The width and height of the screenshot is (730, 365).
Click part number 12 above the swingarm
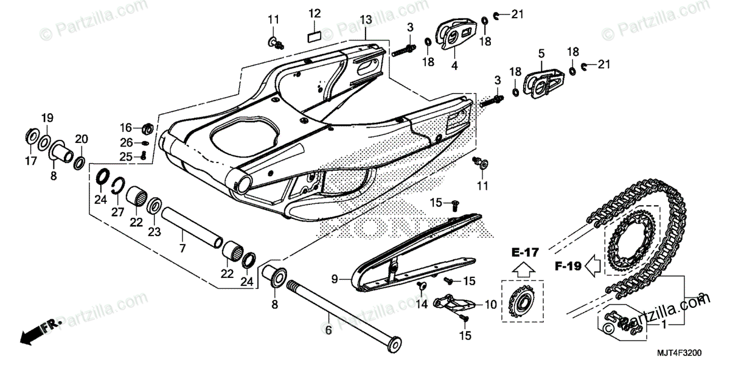tap(314, 13)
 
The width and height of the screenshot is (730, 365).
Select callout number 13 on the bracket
tap(365, 20)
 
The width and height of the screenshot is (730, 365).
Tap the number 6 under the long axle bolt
tap(329, 331)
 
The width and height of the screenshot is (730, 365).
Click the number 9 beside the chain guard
tap(334, 279)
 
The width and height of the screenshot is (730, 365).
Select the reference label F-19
tap(568, 266)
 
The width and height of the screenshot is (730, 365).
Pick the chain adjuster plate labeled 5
tap(544, 80)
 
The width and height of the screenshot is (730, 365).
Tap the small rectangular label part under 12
tap(314, 35)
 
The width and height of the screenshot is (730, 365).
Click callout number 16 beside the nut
tap(125, 128)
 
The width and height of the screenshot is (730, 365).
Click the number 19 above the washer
tap(47, 117)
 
